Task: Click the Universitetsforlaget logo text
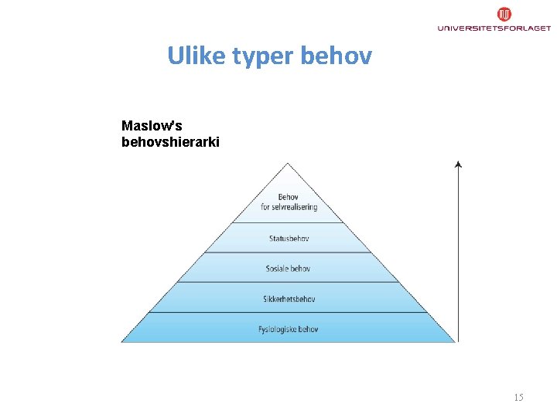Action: [494, 28]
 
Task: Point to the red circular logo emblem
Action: [504, 14]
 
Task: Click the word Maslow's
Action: [152, 125]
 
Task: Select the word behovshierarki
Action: [170, 142]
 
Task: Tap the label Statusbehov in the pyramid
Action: [289, 239]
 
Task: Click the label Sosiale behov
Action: [288, 269]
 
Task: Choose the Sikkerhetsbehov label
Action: [289, 299]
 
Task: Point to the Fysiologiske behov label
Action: [288, 329]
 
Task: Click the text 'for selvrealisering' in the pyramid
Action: [289, 207]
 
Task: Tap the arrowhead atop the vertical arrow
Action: [458, 164]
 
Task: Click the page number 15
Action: [518, 397]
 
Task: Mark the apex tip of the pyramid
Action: [288, 163]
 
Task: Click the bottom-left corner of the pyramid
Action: [122, 341]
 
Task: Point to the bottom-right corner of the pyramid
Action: [454, 341]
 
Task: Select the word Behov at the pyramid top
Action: [289, 197]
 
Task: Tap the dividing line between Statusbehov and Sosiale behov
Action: [288, 253]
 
